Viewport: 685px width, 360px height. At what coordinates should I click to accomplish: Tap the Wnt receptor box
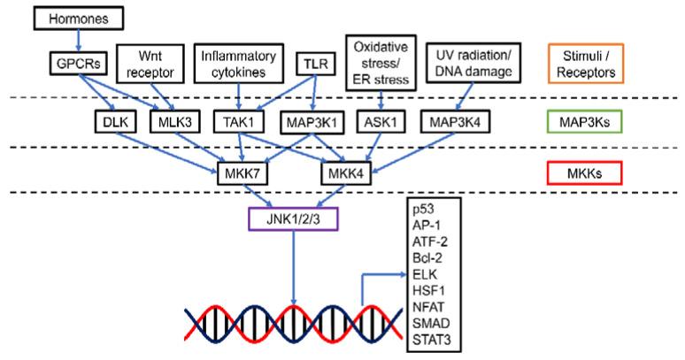pos(155,62)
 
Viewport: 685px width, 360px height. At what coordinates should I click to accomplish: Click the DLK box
pos(113,121)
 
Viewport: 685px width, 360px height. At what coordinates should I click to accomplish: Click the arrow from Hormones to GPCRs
pos(78,39)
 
